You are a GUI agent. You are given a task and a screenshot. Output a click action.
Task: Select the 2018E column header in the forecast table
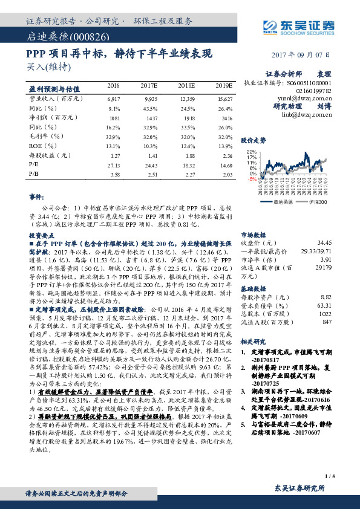tap(188, 86)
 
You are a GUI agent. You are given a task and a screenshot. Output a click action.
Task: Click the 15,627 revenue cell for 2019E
tap(224, 98)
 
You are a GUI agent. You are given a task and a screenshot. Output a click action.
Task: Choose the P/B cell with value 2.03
tap(224, 173)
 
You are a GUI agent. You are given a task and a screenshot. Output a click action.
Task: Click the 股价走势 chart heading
tap(254, 140)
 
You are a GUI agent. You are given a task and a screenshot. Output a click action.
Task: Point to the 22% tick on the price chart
tap(252, 151)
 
